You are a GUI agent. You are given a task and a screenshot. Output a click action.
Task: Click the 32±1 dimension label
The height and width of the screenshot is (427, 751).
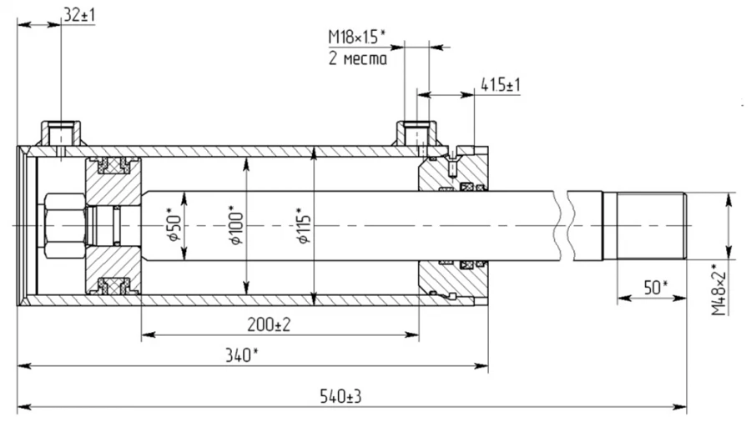click(79, 14)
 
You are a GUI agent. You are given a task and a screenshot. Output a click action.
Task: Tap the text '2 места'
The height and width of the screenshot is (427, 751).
click(356, 59)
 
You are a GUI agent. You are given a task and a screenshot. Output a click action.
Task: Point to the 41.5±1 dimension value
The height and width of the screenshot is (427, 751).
click(501, 85)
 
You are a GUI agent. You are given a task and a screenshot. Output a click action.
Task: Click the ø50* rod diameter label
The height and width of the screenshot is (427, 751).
click(174, 224)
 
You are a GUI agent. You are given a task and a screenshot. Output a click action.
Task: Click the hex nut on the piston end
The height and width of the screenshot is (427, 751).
click(63, 225)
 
